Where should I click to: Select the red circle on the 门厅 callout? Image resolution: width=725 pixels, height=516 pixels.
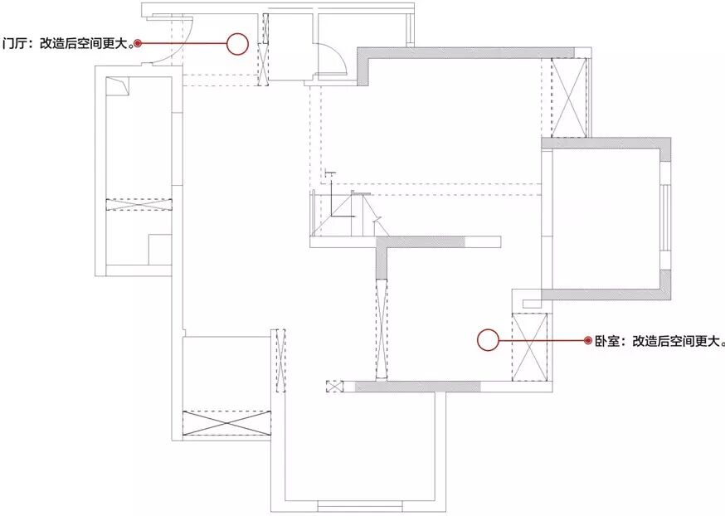[x=238, y=44]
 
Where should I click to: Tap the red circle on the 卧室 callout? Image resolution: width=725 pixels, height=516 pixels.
[x=488, y=339]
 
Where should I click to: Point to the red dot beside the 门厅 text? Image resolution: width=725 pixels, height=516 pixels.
[x=139, y=43]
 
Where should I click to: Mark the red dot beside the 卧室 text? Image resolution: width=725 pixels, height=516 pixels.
[x=588, y=340]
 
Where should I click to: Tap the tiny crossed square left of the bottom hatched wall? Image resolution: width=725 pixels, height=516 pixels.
[x=334, y=386]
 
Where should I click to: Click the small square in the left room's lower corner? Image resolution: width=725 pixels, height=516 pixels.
[x=159, y=249]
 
